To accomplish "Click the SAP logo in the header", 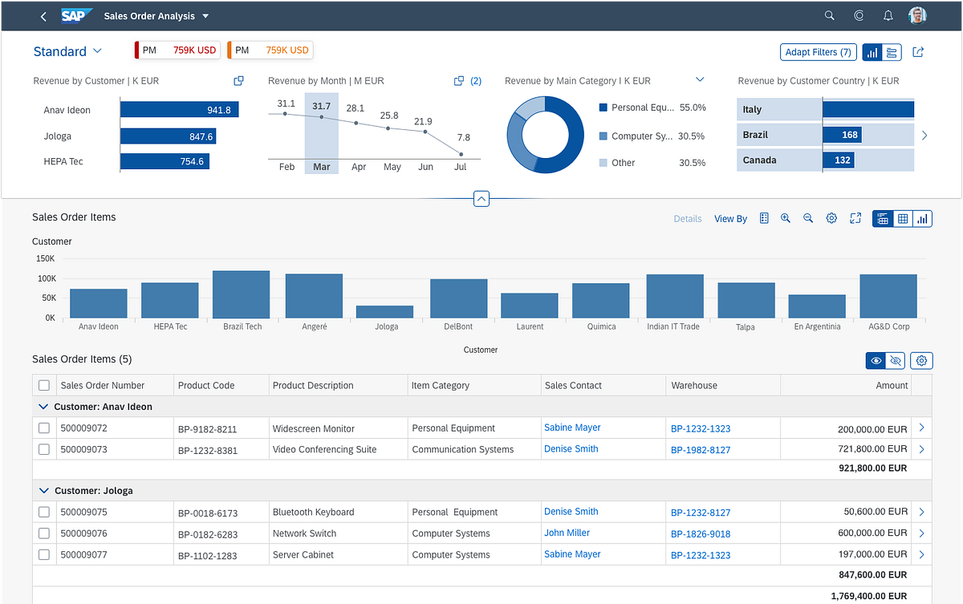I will [77, 16].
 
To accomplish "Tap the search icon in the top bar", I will [830, 16].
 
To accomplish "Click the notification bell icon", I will [888, 16].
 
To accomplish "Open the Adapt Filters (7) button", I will [818, 52].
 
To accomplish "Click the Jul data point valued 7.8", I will [461, 154].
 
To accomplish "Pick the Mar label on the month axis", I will [321, 167].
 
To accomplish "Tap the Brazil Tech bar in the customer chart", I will [242, 294].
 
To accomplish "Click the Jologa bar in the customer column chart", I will [384, 312].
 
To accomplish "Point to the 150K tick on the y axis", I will [45, 259].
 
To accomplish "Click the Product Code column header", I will [206, 386].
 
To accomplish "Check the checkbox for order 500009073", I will [44, 449].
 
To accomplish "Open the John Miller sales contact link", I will [567, 533].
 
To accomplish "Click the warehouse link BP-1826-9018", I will [701, 534].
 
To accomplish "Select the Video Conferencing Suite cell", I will [324, 450].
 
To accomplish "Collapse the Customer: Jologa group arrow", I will [43, 491].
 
